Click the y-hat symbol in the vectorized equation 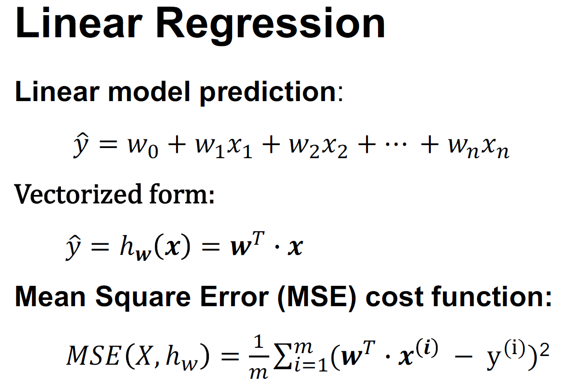click(x=73, y=249)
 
